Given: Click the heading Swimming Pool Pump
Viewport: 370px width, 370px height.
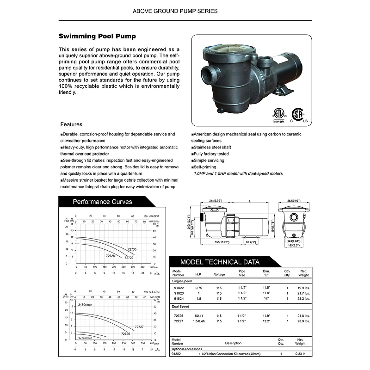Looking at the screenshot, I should pyautogui.click(x=97, y=36).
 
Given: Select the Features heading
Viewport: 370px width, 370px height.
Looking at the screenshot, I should pyautogui.click(x=71, y=124).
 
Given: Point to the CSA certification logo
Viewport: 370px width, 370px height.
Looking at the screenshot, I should pyautogui.click(x=299, y=115).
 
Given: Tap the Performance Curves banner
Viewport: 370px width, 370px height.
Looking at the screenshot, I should pyautogui.click(x=102, y=202).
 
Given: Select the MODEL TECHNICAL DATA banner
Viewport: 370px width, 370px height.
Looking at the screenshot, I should pyautogui.click(x=220, y=262).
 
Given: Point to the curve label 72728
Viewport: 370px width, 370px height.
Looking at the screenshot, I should pyautogui.click(x=110, y=256).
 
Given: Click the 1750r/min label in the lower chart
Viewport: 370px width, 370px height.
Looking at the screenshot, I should pyautogui.click(x=85, y=338).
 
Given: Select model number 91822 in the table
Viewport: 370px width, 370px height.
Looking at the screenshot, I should pyautogui.click(x=178, y=287).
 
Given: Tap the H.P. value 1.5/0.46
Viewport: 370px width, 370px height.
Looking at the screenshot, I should pyautogui.click(x=199, y=321).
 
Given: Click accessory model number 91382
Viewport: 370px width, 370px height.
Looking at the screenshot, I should pyautogui.click(x=176, y=354).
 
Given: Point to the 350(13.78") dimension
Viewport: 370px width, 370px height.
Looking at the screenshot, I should pyautogui.click(x=211, y=242).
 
